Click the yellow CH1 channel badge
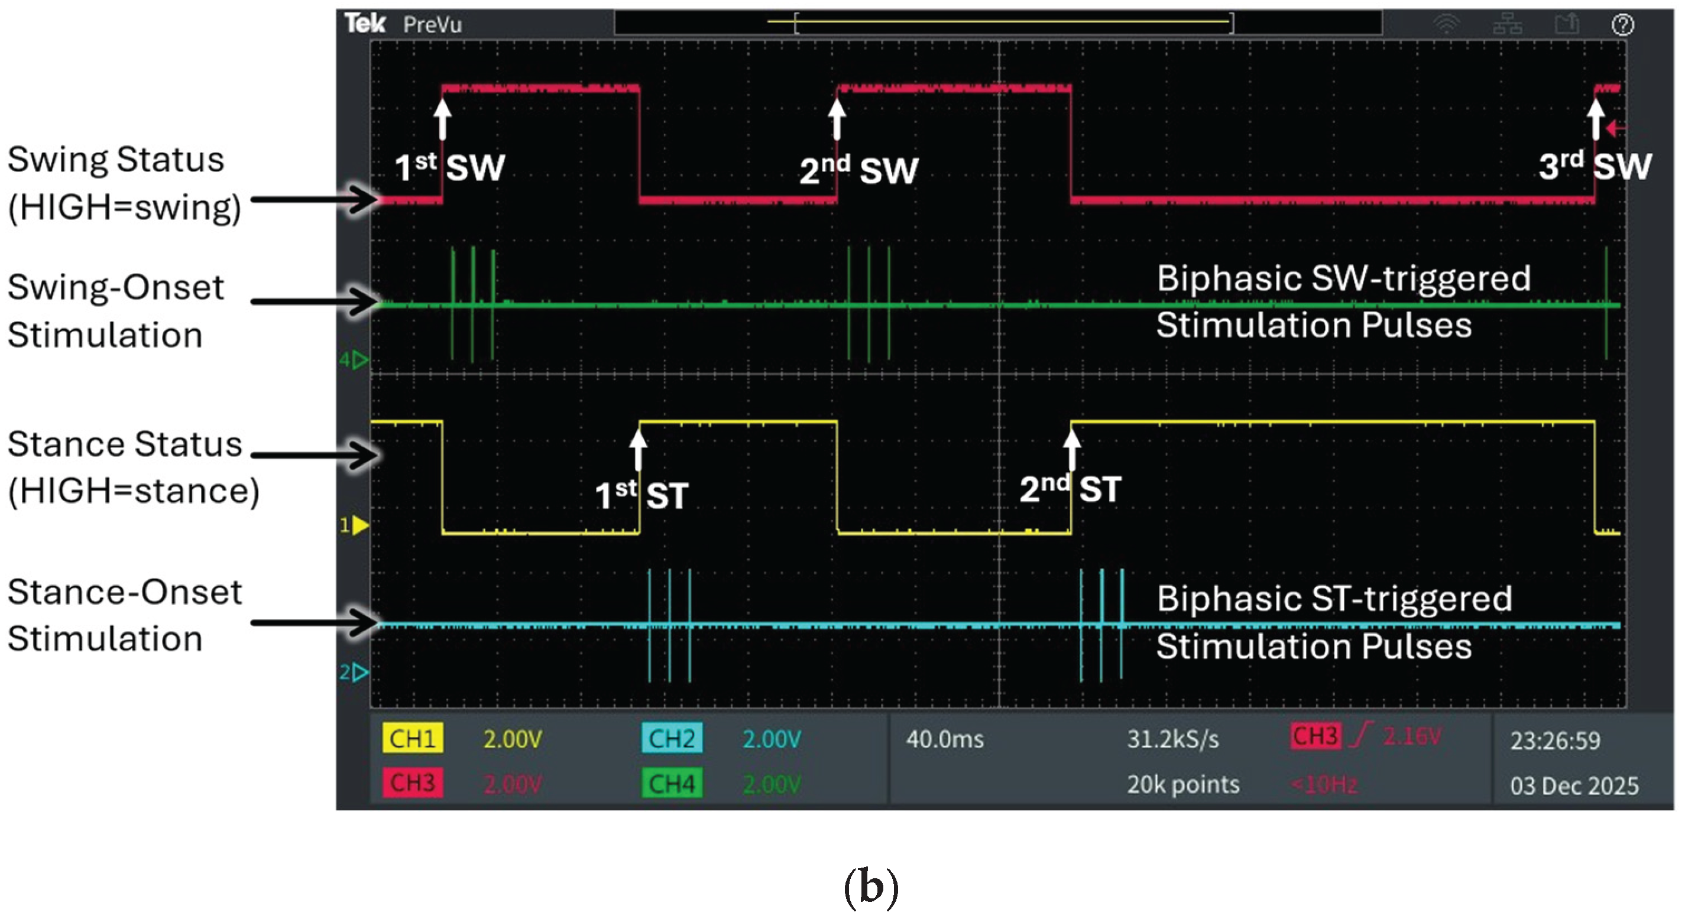tap(412, 739)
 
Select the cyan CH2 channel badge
tap(672, 739)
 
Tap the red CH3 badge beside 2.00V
tap(412, 783)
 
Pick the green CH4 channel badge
tap(672, 783)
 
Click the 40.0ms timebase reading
tap(944, 739)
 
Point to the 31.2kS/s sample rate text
tap(1172, 739)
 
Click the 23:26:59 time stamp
tap(1554, 741)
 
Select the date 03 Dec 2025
tap(1574, 785)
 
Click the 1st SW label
tap(449, 168)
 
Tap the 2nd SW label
tap(858, 170)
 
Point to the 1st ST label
tap(641, 495)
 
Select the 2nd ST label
tap(1070, 489)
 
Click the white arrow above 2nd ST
tap(1071, 449)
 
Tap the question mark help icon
tap(1622, 25)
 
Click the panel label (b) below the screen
tap(871, 887)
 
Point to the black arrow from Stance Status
tap(315, 455)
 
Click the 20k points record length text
tap(1182, 784)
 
